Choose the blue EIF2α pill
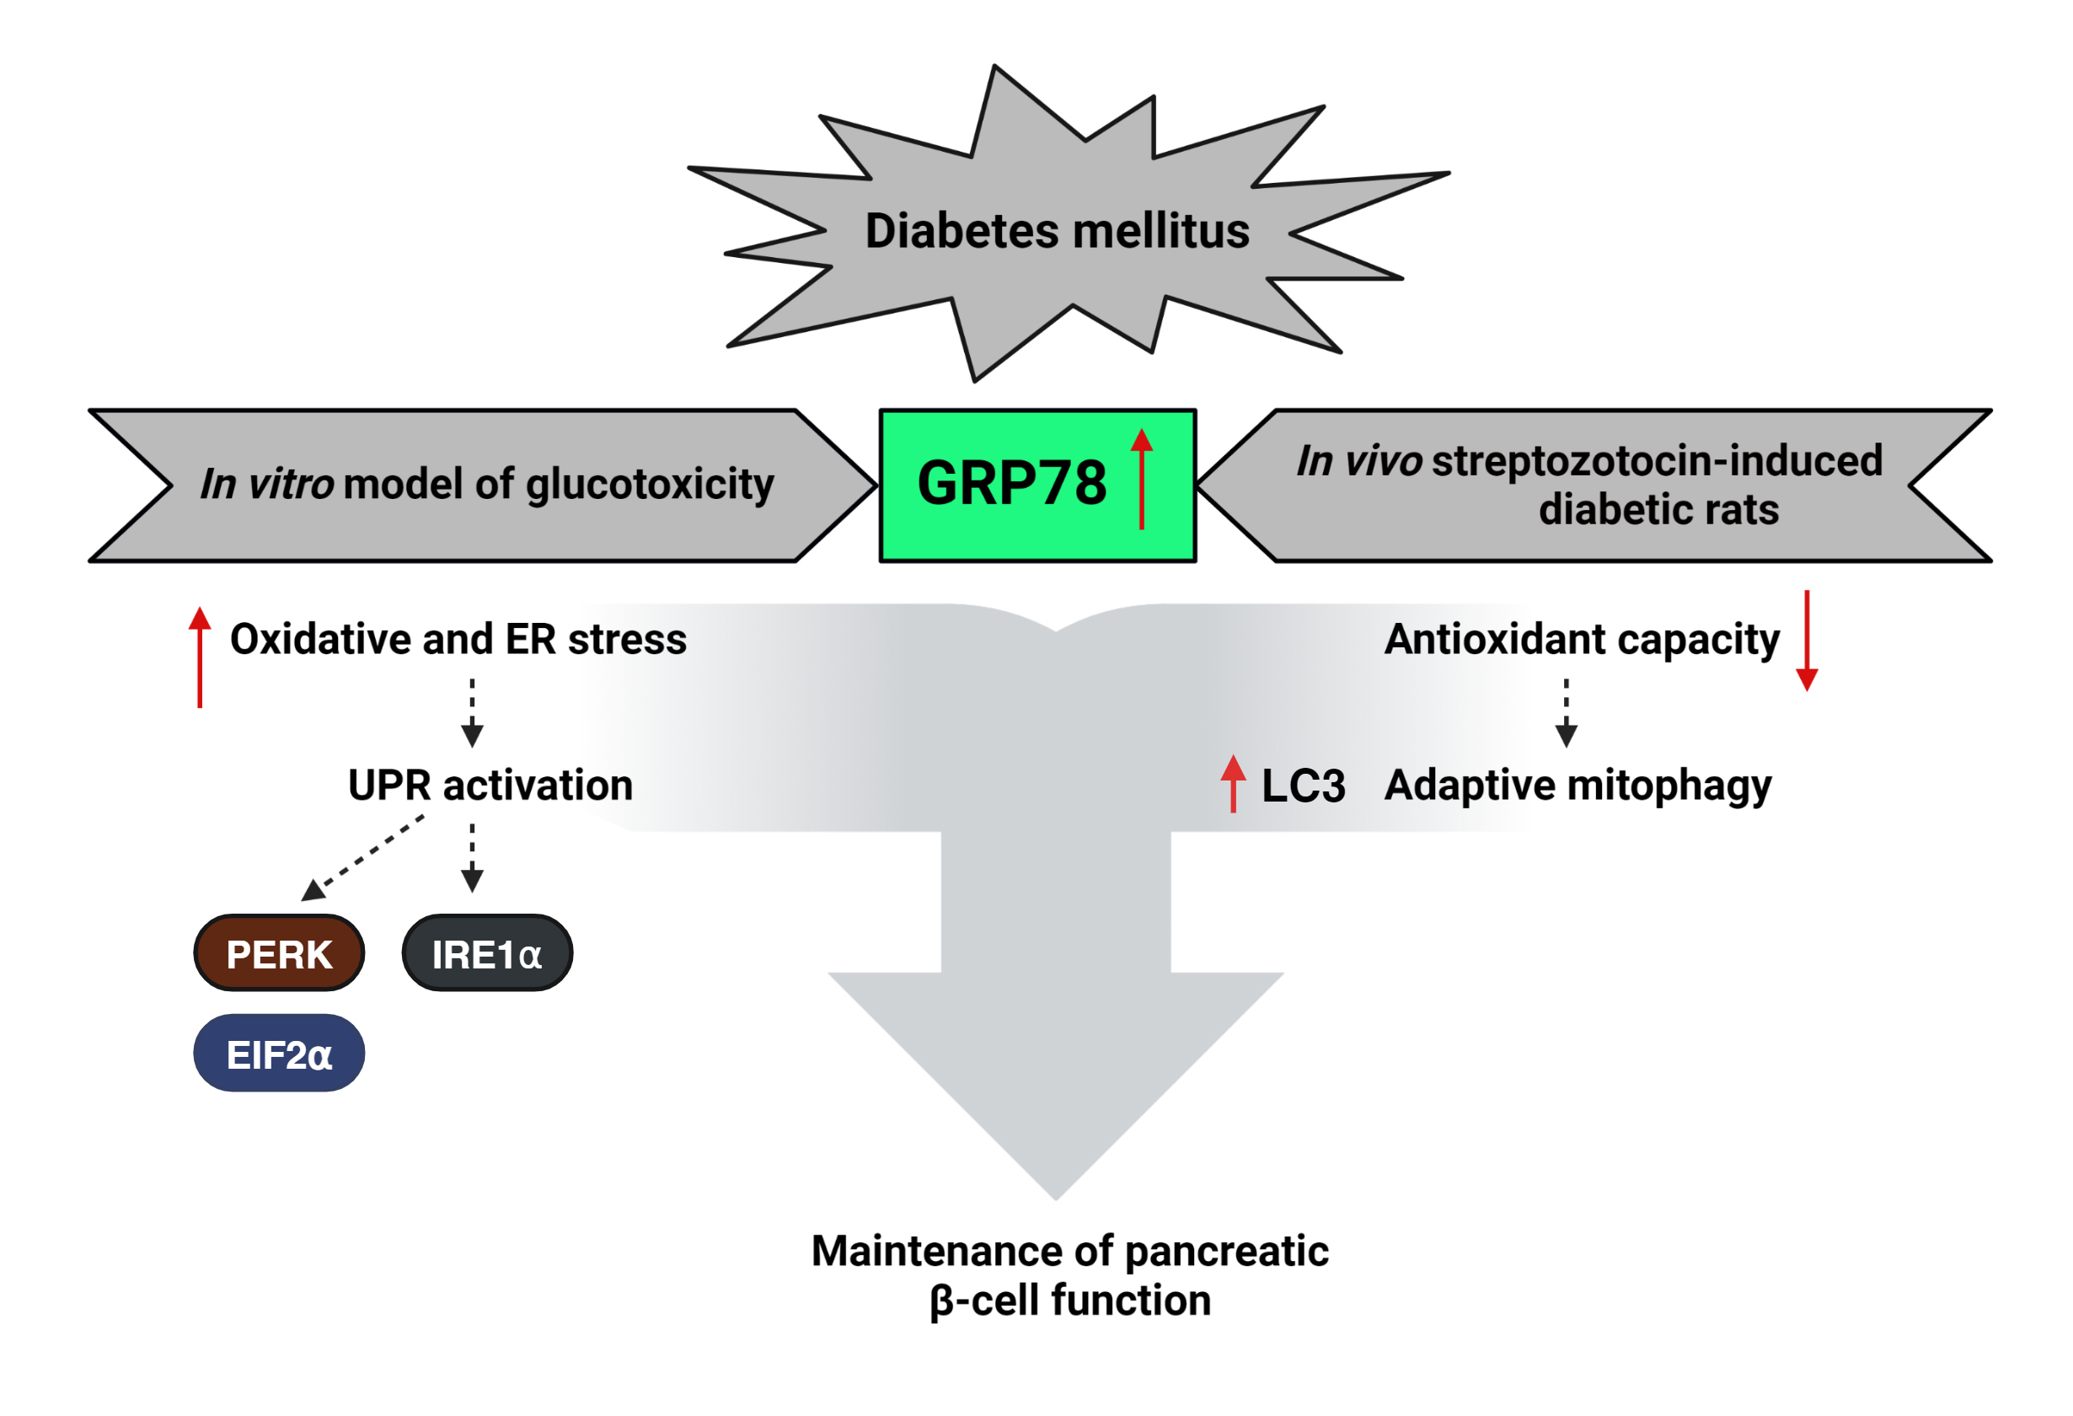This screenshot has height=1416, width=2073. pos(279,1054)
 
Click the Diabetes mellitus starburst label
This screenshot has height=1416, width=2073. pos(1057,231)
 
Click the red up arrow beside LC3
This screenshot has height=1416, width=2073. pos(1233,783)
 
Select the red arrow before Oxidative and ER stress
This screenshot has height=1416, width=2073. pos(200,657)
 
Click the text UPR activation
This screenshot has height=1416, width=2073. pos(490,786)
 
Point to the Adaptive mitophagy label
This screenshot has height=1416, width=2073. pos(1577,786)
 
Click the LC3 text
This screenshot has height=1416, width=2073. pos(1303,787)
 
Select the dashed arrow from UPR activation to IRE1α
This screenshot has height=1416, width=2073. pos(472,857)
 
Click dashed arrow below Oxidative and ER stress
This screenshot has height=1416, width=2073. pos(472,713)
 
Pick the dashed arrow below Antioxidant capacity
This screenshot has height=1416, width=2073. pos(1567,713)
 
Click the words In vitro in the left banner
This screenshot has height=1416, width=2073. pos(266,485)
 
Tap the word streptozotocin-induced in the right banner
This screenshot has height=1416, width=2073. pos(1658,461)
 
